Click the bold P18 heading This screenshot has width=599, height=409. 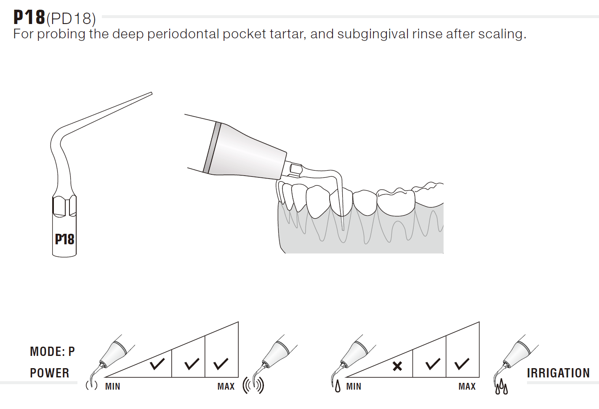[29, 17]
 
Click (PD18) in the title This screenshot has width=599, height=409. [71, 19]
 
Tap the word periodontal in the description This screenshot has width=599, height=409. [184, 34]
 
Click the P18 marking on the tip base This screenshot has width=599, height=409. [64, 239]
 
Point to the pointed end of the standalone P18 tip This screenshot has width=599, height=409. [152, 93]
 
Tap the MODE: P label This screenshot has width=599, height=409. [53, 351]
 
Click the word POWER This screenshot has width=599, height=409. [50, 373]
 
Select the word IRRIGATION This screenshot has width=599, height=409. [558, 373]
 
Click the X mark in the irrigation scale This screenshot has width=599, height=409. [397, 366]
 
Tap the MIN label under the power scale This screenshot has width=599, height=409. [112, 386]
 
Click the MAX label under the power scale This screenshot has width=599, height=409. [226, 386]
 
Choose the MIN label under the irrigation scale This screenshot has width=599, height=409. [354, 386]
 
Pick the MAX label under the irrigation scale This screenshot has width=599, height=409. [467, 386]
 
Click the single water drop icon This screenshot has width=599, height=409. [338, 386]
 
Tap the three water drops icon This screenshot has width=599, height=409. [501, 386]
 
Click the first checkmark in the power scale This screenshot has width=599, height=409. [157, 364]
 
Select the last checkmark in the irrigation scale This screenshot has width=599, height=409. [462, 364]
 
